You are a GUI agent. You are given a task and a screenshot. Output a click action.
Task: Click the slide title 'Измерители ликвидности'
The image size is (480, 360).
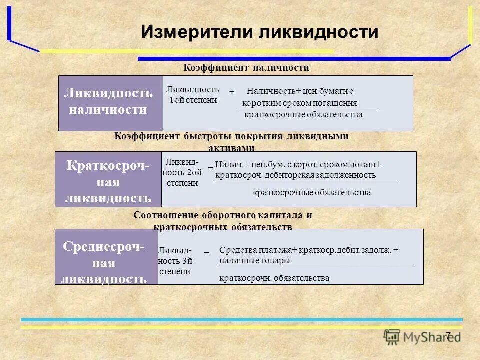pyautogui.click(x=259, y=33)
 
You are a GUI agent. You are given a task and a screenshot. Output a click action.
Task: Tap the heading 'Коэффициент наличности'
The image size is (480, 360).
pyautogui.click(x=246, y=67)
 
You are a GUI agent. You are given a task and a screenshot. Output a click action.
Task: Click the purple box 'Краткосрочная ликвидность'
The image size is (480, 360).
pyautogui.click(x=108, y=180)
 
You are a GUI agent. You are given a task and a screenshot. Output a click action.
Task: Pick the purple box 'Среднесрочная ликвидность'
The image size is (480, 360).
pyautogui.click(x=106, y=257)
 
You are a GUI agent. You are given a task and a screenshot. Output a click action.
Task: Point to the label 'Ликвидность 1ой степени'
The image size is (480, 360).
pyautogui.click(x=192, y=94)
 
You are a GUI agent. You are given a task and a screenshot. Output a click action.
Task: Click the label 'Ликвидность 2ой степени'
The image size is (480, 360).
pyautogui.click(x=182, y=172)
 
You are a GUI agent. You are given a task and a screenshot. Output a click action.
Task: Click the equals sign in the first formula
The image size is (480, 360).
pyautogui.click(x=231, y=93)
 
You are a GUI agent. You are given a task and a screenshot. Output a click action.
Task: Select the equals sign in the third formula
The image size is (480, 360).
pyautogui.click(x=206, y=254)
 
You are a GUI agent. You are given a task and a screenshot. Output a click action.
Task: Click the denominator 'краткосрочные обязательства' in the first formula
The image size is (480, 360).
pyautogui.click(x=303, y=115)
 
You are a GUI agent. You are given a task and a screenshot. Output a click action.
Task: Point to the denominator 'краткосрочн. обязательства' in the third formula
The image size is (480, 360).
pyautogui.click(x=274, y=278)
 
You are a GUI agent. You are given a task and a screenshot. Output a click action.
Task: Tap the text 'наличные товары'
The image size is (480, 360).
pyautogui.click(x=255, y=260)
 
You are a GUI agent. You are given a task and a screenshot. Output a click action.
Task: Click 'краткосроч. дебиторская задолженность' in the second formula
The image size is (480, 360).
pyautogui.click(x=295, y=175)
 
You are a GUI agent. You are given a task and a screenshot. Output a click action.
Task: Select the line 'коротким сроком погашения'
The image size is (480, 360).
pyautogui.click(x=299, y=103)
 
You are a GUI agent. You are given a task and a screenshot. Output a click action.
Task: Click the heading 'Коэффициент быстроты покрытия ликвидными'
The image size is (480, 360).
pyautogui.click(x=232, y=136)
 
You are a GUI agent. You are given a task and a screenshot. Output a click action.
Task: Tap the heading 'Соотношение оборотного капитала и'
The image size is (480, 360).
pyautogui.click(x=223, y=215)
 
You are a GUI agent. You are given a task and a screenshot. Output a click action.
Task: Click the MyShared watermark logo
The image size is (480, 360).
pyautogui.click(x=422, y=337)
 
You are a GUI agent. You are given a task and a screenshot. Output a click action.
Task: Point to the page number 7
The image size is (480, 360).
pyautogui.click(x=448, y=335)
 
